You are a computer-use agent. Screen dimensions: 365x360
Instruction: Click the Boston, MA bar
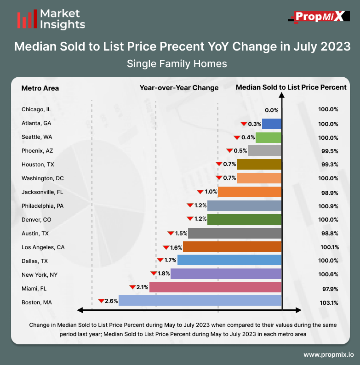200,301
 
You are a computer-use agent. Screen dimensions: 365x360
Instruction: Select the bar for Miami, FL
215,287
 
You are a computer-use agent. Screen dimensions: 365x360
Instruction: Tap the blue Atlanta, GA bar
272,124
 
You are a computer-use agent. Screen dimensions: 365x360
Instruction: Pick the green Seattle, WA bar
269,137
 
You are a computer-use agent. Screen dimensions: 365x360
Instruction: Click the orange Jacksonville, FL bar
250,192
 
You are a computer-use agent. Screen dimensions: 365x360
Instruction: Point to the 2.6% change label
112,301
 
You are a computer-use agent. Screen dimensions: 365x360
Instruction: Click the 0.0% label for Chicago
272,110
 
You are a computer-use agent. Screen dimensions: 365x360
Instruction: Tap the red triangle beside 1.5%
170,233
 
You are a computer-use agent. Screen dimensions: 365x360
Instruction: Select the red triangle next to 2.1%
132,287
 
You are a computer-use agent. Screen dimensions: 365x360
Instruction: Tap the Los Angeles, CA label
43,247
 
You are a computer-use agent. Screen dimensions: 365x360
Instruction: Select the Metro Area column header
40,88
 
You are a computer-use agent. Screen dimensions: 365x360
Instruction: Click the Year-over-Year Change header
179,88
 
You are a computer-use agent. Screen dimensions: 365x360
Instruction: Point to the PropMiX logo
316,17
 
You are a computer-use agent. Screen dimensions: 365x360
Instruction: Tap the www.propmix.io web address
328,355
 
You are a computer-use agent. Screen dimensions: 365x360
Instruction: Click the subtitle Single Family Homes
177,63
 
